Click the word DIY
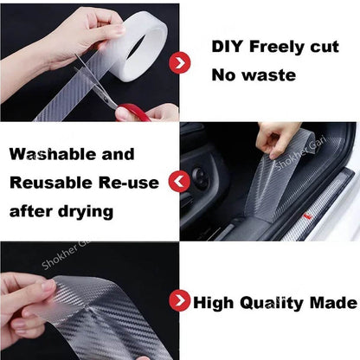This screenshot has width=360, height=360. point(228,47)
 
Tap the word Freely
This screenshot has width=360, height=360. point(278,48)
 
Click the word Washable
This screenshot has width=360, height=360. point(53,154)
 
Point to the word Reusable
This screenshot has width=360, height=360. point(51,183)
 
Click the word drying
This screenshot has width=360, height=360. point(86,213)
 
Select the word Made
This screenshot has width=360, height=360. point(333,303)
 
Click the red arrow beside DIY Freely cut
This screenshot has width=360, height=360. point(180,62)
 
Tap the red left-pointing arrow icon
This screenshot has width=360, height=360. point(179,182)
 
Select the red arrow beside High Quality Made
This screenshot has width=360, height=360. point(180,300)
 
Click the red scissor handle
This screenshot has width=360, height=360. point(133,112)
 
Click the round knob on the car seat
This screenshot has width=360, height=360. point(201,176)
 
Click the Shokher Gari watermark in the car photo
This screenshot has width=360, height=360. point(301,153)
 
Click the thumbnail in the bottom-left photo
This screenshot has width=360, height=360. point(48,286)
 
